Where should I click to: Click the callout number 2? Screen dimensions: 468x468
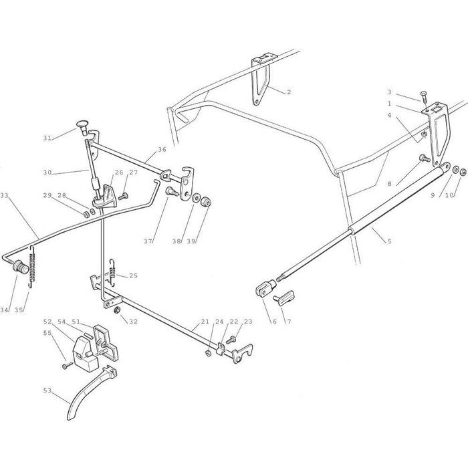[x=289, y=92]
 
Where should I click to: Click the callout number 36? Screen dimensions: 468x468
[x=162, y=150]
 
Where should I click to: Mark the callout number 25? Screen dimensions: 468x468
[x=133, y=275]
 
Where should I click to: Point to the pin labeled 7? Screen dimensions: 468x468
[x=287, y=296]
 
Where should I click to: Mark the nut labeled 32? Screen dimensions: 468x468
[x=117, y=311]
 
